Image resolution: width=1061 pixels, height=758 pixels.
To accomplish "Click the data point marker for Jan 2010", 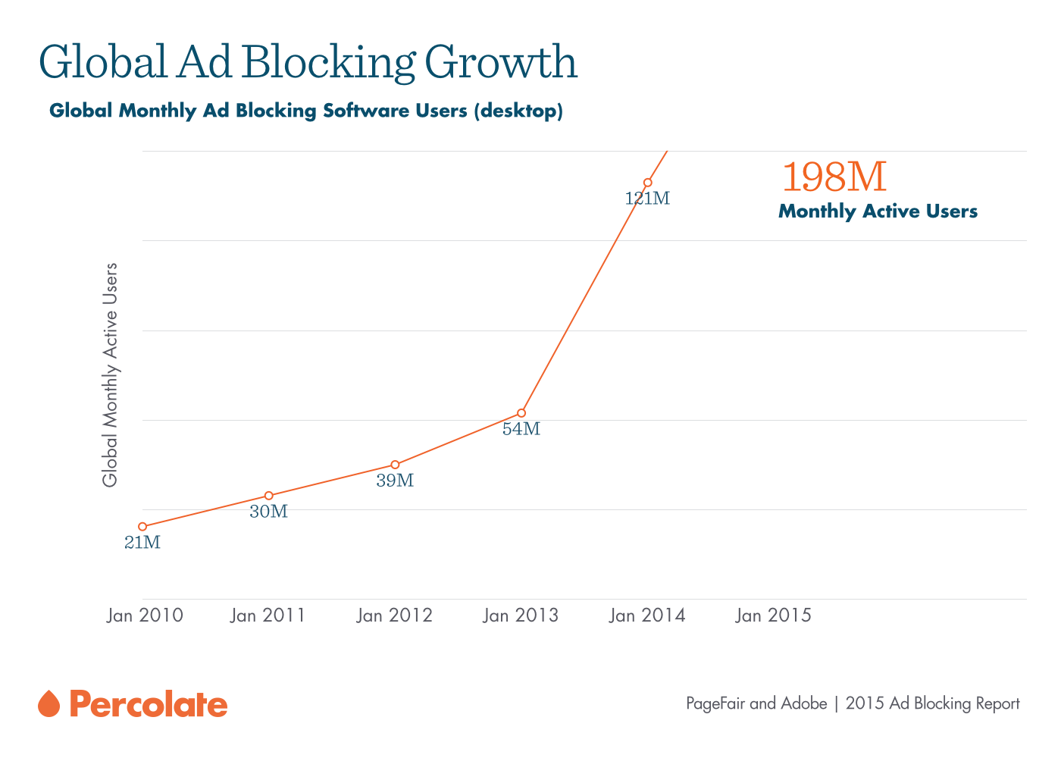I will click(x=142, y=526).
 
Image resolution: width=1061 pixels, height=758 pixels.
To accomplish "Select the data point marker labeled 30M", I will click(x=269, y=496).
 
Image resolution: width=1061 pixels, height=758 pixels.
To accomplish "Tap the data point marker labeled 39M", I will click(x=395, y=465).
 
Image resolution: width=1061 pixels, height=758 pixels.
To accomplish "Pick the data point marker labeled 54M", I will click(x=521, y=413).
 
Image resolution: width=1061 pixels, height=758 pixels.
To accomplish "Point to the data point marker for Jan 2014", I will click(x=648, y=183).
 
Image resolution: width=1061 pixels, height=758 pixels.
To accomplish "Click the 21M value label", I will click(x=142, y=543).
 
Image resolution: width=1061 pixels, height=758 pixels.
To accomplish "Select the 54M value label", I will click(x=521, y=430).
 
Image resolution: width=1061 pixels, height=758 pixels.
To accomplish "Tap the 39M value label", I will click(x=395, y=481).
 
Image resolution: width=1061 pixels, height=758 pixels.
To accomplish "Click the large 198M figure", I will click(x=834, y=177).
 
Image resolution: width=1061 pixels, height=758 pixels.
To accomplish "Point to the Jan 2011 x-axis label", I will click(x=268, y=615).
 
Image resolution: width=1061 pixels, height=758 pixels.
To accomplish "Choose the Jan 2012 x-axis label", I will click(x=395, y=615).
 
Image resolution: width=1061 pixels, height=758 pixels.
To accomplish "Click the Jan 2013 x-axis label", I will click(x=521, y=615).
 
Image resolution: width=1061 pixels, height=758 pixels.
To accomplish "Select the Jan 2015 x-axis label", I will click(x=774, y=615).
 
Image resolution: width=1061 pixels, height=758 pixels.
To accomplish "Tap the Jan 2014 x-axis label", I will click(x=648, y=615).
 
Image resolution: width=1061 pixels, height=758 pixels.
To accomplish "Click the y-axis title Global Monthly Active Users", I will click(x=111, y=375).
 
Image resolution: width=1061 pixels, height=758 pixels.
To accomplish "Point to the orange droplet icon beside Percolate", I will click(x=49, y=703).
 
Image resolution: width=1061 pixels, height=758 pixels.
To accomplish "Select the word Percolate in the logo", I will click(x=149, y=704).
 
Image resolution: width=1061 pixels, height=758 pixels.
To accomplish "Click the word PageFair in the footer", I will click(x=715, y=703).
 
